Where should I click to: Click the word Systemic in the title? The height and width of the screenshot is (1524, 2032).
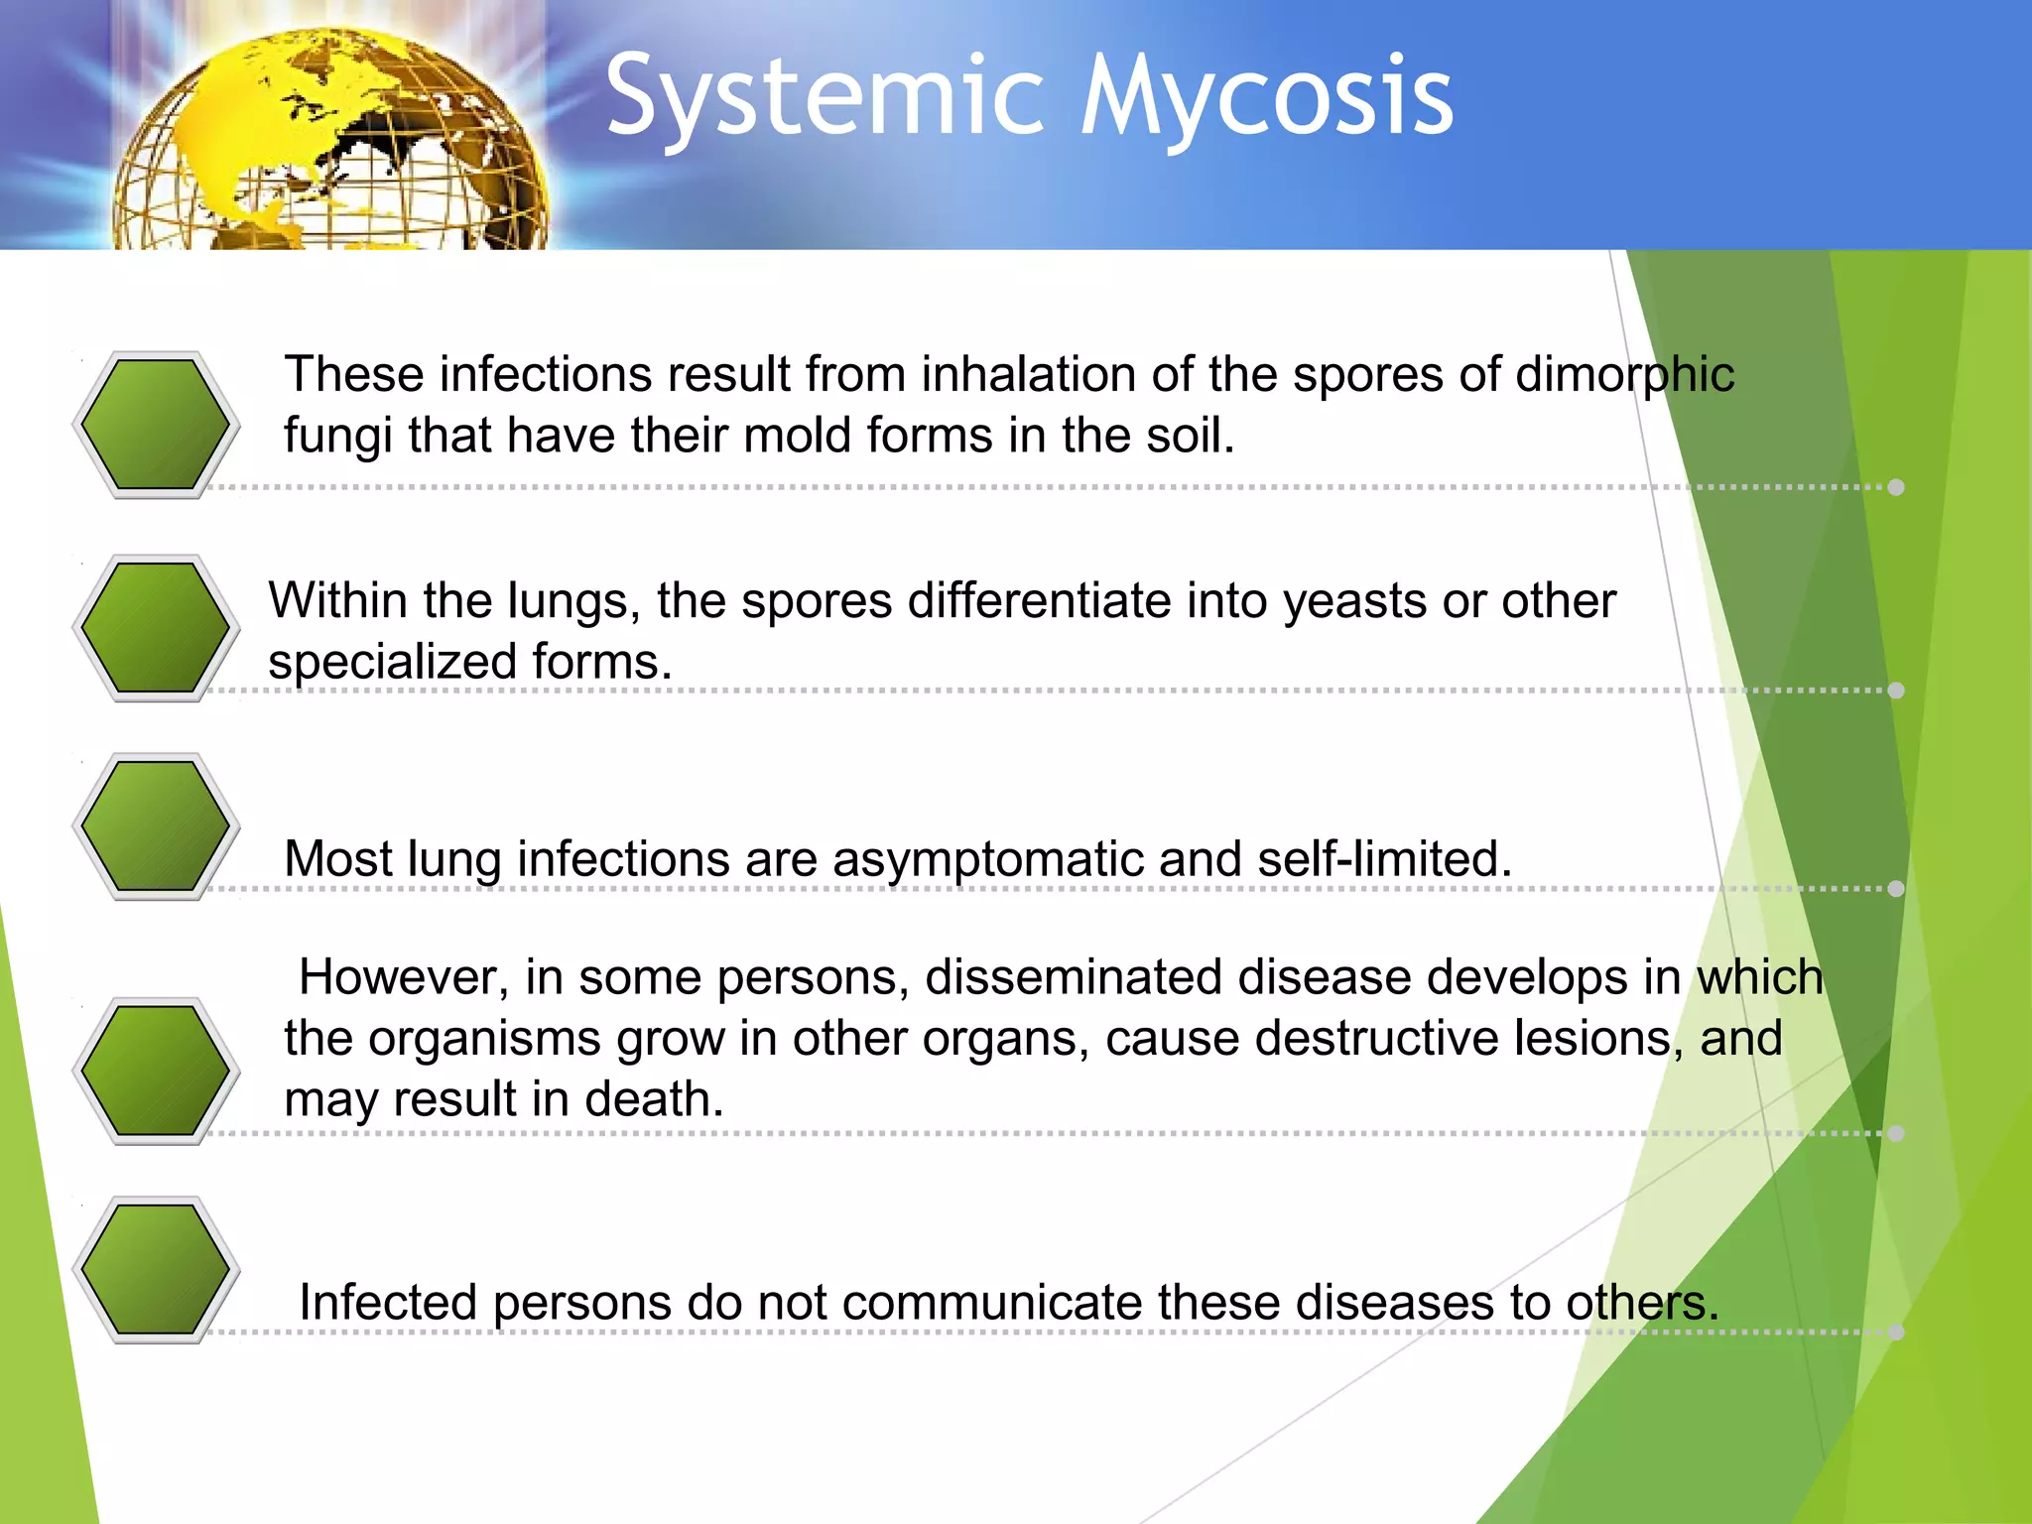824,97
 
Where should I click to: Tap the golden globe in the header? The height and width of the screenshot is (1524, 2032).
332,144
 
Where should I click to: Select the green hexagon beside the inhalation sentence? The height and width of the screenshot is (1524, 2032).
156,425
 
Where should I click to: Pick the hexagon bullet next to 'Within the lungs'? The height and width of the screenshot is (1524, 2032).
156,628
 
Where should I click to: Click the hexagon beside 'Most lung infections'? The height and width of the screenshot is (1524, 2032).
156,826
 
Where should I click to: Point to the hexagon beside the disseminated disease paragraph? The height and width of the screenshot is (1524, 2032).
156,1071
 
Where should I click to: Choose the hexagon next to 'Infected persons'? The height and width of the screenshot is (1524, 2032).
156,1269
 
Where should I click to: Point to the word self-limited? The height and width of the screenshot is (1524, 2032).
1383,858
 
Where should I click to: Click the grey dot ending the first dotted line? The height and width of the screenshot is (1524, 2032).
1896,487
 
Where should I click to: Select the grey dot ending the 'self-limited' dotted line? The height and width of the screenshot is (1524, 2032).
1896,888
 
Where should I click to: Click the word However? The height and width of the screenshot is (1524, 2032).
403,977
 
